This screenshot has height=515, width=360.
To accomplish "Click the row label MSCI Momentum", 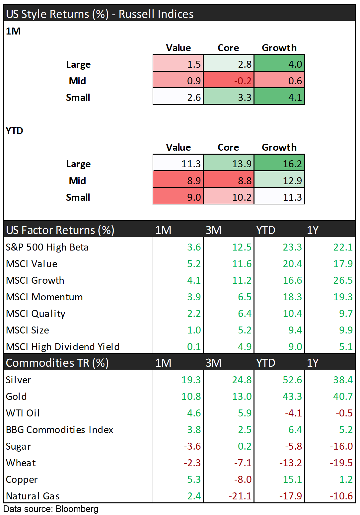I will [x=44, y=297].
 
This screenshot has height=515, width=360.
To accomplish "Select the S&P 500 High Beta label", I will [x=47, y=247].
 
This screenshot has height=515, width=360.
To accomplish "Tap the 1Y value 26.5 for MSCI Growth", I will [x=343, y=280].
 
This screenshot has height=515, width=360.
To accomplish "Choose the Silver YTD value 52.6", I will [x=292, y=380].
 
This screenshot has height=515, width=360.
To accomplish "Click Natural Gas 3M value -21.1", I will [x=240, y=496].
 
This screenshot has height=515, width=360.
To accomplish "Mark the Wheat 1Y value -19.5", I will [x=341, y=463].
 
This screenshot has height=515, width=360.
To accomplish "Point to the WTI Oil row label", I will [x=23, y=413].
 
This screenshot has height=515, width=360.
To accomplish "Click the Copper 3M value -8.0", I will [x=243, y=479].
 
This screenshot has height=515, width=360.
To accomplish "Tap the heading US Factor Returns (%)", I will [x=60, y=230].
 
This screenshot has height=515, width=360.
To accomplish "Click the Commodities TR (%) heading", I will [x=57, y=363].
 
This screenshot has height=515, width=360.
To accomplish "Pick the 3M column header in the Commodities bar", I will [x=213, y=363].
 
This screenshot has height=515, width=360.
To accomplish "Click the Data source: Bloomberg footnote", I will [x=51, y=509].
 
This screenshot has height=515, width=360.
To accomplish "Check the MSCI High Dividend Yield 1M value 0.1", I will [x=194, y=347].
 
